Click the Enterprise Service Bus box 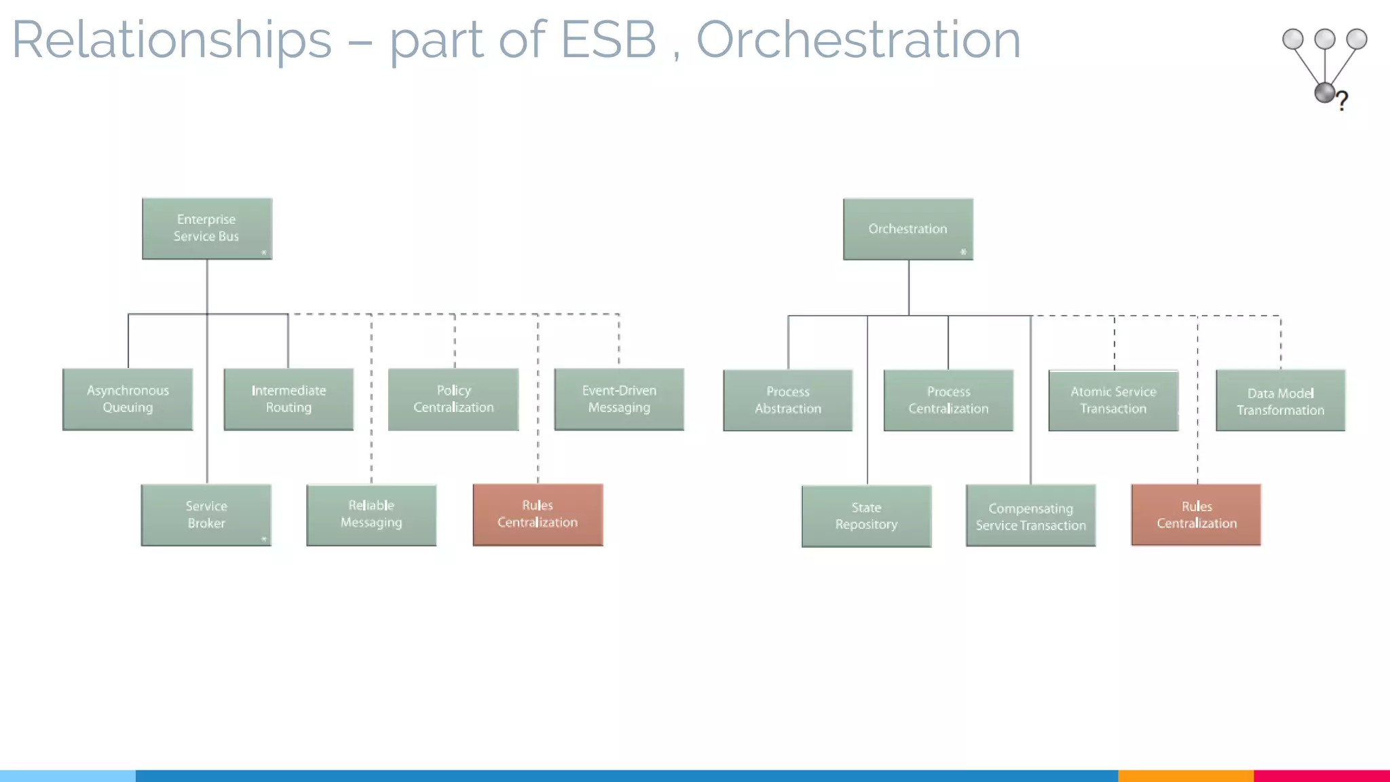[x=207, y=228]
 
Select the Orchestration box [x=908, y=229]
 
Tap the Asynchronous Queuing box [x=128, y=399]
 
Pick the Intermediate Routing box [x=288, y=399]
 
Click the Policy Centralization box [x=453, y=399]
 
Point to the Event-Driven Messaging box [x=619, y=399]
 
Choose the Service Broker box [x=206, y=515]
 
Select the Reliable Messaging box [x=371, y=515]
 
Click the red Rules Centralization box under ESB [x=538, y=515]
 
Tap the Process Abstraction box [x=788, y=400]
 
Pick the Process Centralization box [x=948, y=400]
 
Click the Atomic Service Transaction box [x=1113, y=400]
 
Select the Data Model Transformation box [x=1280, y=401]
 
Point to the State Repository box [x=866, y=516]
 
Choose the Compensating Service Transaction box [x=1030, y=516]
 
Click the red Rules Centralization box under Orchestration [x=1196, y=515]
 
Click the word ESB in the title [x=608, y=39]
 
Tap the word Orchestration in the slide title [x=859, y=39]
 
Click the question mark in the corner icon [x=1342, y=101]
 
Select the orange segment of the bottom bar [x=1185, y=775]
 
